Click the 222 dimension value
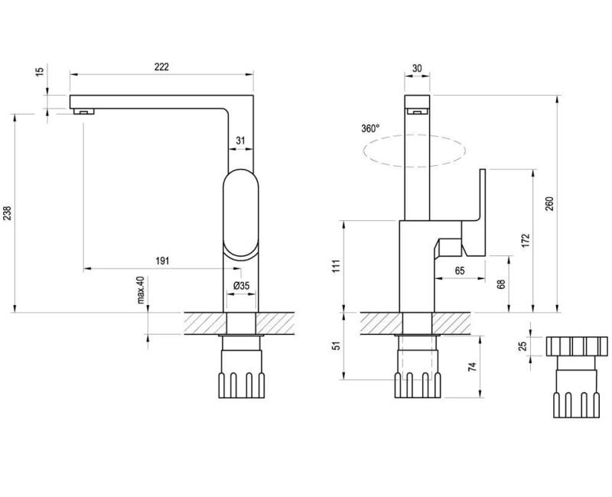[161, 67]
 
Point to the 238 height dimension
[7, 213]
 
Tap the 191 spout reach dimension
[162, 261]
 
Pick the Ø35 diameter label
[241, 286]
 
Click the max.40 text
[142, 291]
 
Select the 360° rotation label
[370, 128]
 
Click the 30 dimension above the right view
[417, 68]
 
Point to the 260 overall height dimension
[549, 204]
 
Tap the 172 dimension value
[526, 240]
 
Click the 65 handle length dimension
[460, 270]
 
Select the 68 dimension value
[501, 284]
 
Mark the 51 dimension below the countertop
[334, 345]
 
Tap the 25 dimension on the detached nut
[523, 346]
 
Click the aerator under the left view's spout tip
[85, 112]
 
